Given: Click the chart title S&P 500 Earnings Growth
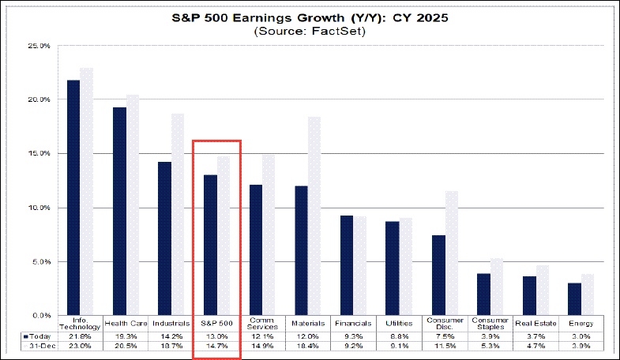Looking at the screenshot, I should (310, 17).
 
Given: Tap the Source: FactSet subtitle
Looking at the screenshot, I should (310, 32).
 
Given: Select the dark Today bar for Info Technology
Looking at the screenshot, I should (73, 197).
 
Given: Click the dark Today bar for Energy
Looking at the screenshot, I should (574, 299).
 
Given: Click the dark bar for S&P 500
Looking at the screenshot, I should (211, 245).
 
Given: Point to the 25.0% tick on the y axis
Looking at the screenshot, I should (39, 46).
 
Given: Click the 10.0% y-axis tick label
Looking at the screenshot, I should (39, 208).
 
